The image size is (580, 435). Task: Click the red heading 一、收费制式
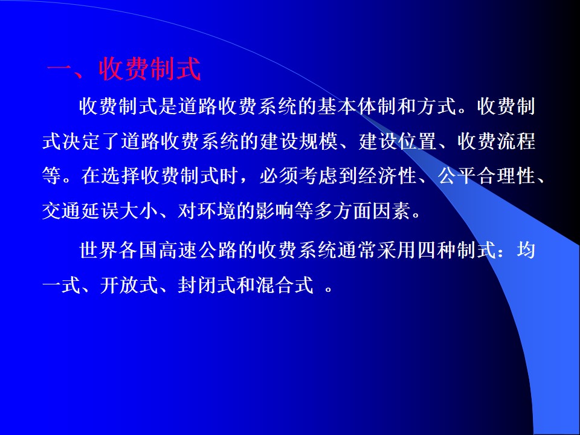[x=124, y=69]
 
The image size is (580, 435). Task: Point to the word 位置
[x=417, y=141]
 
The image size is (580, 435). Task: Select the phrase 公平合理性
[x=487, y=176]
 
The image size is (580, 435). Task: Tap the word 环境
[x=216, y=211]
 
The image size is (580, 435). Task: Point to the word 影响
[x=275, y=211]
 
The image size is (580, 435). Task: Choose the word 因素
[x=391, y=211]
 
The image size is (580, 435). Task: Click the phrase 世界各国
[x=118, y=250]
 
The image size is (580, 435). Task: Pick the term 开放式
[x=129, y=285]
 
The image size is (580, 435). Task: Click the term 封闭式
[x=207, y=285]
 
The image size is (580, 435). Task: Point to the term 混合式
[x=285, y=285]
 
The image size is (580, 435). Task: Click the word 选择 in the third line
[x=120, y=176]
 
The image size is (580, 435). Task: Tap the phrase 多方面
[x=343, y=211]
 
